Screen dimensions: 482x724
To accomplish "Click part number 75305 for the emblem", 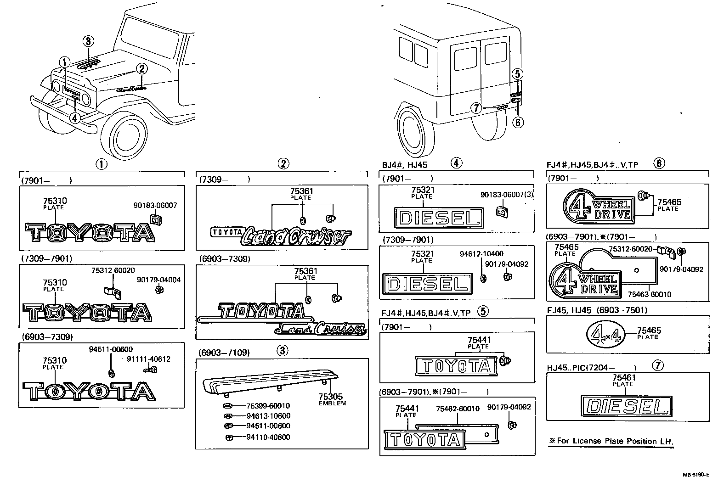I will [x=331, y=397].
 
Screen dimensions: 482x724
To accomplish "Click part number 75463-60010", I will [x=649, y=294].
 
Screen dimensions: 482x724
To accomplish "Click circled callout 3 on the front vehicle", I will [x=88, y=41].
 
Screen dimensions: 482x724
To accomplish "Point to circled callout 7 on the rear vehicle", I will [x=476, y=108].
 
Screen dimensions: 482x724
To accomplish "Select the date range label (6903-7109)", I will [x=225, y=353].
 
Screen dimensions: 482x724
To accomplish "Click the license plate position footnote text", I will [x=611, y=441].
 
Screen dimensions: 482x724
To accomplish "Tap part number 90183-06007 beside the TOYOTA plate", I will [x=155, y=206].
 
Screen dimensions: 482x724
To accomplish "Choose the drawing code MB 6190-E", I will [x=695, y=475].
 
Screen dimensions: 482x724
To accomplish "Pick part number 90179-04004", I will [x=158, y=280].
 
